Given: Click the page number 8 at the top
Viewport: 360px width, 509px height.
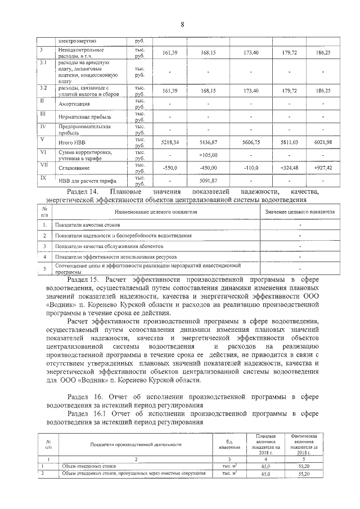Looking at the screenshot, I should (x=182, y=24).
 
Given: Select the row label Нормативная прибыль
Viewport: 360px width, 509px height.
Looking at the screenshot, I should (x=85, y=116).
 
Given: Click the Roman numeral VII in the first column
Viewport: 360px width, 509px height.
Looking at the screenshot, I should (x=43, y=165).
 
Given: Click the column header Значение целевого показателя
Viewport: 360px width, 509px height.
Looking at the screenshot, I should (x=300, y=211).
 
